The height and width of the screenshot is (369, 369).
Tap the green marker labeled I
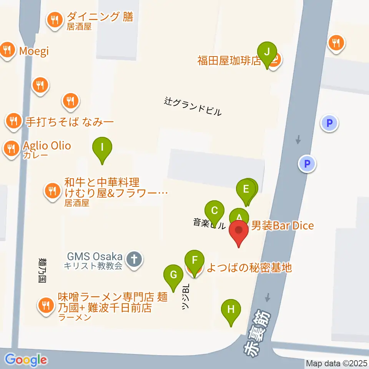pyautogui.click(x=102, y=147)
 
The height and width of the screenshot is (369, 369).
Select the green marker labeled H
pyautogui.click(x=231, y=309)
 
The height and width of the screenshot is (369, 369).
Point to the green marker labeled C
pyautogui.click(x=214, y=211)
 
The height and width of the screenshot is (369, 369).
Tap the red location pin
pyautogui.click(x=239, y=231)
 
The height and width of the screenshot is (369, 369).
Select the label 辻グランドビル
pyautogui.click(x=193, y=106)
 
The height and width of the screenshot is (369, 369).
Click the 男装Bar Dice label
pyautogui.click(x=283, y=226)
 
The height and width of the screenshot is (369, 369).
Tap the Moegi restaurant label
pyautogui.click(x=34, y=52)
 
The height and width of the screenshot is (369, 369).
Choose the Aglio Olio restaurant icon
pyautogui.click(x=11, y=148)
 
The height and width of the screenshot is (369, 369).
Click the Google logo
pyautogui.click(x=26, y=360)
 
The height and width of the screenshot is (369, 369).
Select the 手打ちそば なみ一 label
pyautogui.click(x=70, y=122)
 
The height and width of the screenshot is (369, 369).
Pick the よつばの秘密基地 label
pyautogui.click(x=249, y=268)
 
